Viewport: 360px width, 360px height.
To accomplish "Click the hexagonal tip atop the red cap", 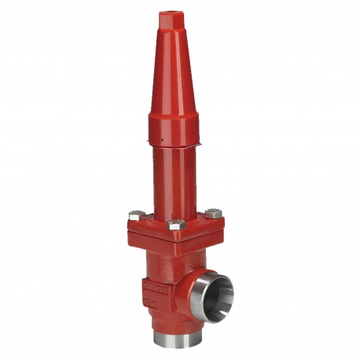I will point(168,17).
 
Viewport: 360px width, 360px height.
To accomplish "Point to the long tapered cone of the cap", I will point(171,71).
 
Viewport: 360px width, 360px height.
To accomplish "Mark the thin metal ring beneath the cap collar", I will point(174,147).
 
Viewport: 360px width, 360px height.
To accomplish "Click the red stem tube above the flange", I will point(174,181).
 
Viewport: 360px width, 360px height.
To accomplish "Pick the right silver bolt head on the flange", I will point(213,213).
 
